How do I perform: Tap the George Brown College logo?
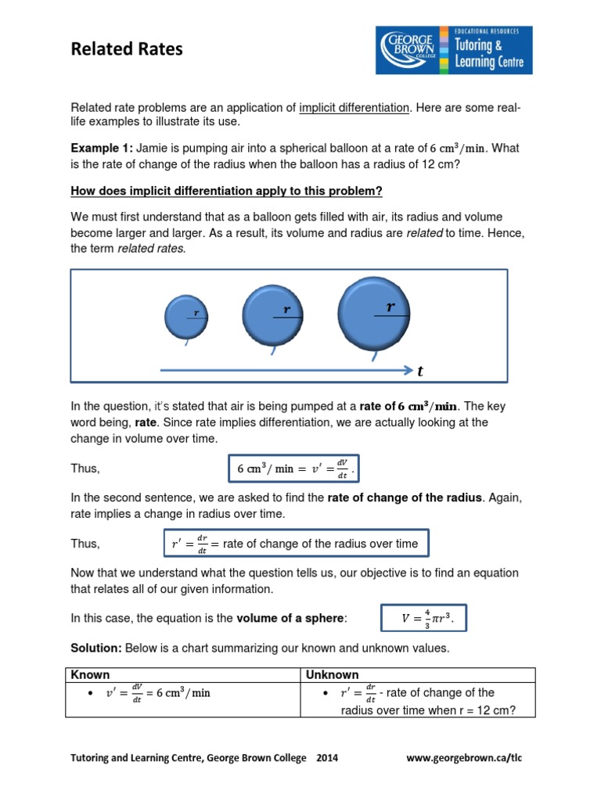pos(454,50)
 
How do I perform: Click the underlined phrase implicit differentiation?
pos(354,107)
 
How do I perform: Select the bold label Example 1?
pos(102,149)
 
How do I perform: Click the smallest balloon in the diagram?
pos(185,317)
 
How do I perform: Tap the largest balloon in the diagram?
pos(373,311)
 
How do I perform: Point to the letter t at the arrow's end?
pos(420,372)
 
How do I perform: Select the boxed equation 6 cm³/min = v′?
pos(296,469)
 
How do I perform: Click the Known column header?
pos(91,674)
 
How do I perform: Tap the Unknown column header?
pos(333,674)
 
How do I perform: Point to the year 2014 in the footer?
pos(327,758)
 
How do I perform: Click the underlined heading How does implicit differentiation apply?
pos(227,191)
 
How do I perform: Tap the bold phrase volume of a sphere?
pos(290,618)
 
